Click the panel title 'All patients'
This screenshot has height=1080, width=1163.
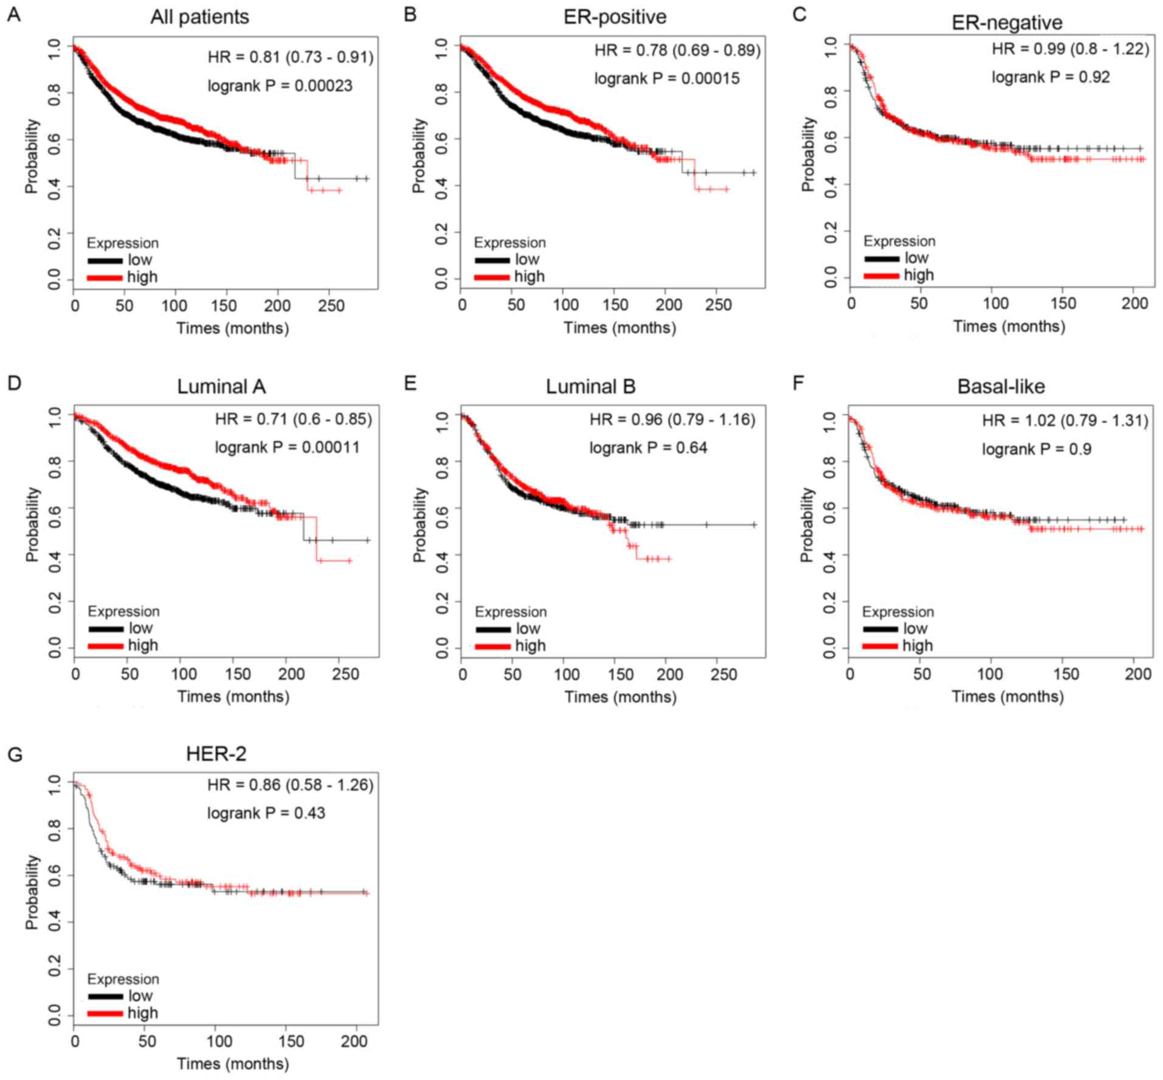pos(199,16)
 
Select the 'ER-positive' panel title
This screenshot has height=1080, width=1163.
pos(615,16)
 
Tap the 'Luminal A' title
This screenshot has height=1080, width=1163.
pos(221,387)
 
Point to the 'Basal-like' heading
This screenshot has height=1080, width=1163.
pos(1001,387)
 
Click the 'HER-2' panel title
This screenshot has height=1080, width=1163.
pos(216,754)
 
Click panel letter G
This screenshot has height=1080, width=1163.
pos(15,755)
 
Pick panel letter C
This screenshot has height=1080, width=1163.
pos(799,13)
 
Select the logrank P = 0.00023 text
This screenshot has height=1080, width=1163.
pos(280,86)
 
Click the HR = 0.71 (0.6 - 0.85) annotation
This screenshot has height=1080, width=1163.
pos(293,419)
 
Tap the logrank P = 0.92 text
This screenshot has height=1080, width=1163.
pos(1051,77)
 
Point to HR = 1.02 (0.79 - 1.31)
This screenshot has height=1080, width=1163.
pos(1065,420)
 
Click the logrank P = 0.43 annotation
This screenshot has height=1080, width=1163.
pos(266,813)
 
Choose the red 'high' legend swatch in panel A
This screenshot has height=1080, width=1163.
pos(105,278)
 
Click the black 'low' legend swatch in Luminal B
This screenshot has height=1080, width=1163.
pos(492,629)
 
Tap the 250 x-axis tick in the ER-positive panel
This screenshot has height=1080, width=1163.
pos(718,304)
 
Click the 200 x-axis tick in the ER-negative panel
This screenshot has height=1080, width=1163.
pos(1134,303)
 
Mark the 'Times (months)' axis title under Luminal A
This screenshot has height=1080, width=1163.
pos(233,696)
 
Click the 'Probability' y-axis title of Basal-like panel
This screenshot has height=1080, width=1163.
pos(806,524)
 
